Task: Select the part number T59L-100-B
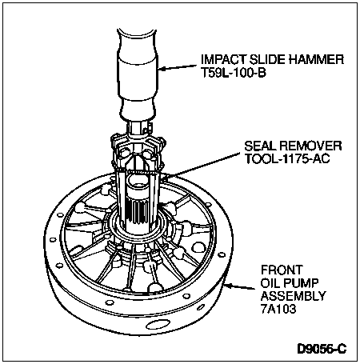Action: [x=234, y=73]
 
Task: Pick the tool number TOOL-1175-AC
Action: [x=287, y=158]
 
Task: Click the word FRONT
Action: [x=282, y=270]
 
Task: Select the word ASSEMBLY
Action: [x=294, y=296]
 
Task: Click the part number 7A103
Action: [x=278, y=309]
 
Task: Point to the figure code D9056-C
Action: [x=322, y=349]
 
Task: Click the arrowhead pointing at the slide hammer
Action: [x=162, y=69]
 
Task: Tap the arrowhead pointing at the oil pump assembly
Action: [x=230, y=286]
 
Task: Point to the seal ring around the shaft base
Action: [x=139, y=226]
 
